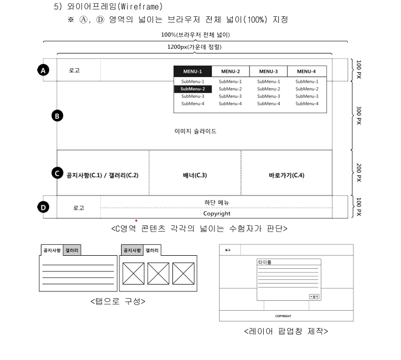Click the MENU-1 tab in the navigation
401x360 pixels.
tap(192, 71)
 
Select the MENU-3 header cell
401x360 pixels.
tap(268, 71)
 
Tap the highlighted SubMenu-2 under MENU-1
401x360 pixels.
tap(192, 89)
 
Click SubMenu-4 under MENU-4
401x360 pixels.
tap(307, 104)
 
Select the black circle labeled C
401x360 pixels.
tap(58, 172)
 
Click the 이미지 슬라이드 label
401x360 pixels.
tap(195, 132)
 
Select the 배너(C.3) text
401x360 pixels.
tap(194, 175)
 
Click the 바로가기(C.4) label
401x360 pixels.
tap(286, 175)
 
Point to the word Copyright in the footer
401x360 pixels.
tap(216, 213)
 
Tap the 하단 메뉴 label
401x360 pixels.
tap(216, 202)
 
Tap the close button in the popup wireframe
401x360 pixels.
tap(313, 297)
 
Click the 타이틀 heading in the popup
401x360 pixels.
tap(265, 262)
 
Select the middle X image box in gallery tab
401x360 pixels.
tap(158, 274)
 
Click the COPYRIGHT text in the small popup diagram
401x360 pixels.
tap(283, 316)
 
